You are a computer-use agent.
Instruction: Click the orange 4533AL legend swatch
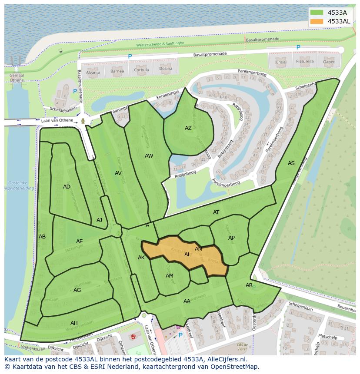317,21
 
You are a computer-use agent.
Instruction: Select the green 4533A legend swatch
317,13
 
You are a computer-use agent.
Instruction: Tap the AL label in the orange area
187,255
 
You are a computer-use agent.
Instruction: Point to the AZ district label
188,128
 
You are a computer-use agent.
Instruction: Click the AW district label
149,156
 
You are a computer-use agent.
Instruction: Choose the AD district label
67,187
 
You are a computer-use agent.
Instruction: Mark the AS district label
291,163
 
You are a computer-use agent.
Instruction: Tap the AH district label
74,323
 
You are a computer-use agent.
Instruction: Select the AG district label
77,290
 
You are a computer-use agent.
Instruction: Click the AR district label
249,285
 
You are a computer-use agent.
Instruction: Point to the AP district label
231,238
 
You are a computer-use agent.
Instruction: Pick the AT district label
216,212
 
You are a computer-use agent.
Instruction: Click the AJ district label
99,220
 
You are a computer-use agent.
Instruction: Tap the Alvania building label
93,72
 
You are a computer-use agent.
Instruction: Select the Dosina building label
166,69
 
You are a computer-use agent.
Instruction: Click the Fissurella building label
305,62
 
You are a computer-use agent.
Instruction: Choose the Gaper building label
329,62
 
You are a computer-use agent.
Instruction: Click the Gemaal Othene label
17,77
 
